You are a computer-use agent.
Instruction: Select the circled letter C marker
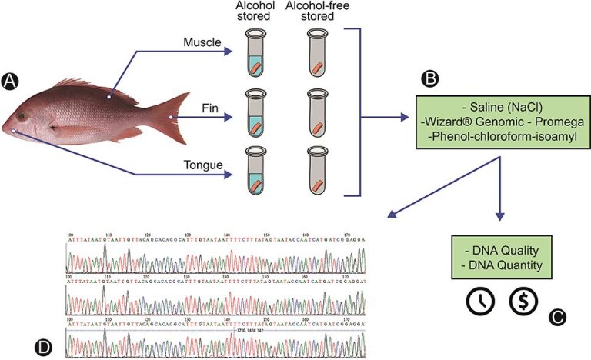(x=557, y=316)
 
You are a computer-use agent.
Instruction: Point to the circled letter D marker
(x=45, y=347)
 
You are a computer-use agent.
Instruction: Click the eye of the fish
(x=22, y=116)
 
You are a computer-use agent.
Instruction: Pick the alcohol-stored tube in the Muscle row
(x=255, y=54)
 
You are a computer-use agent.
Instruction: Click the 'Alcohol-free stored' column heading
(x=315, y=11)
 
